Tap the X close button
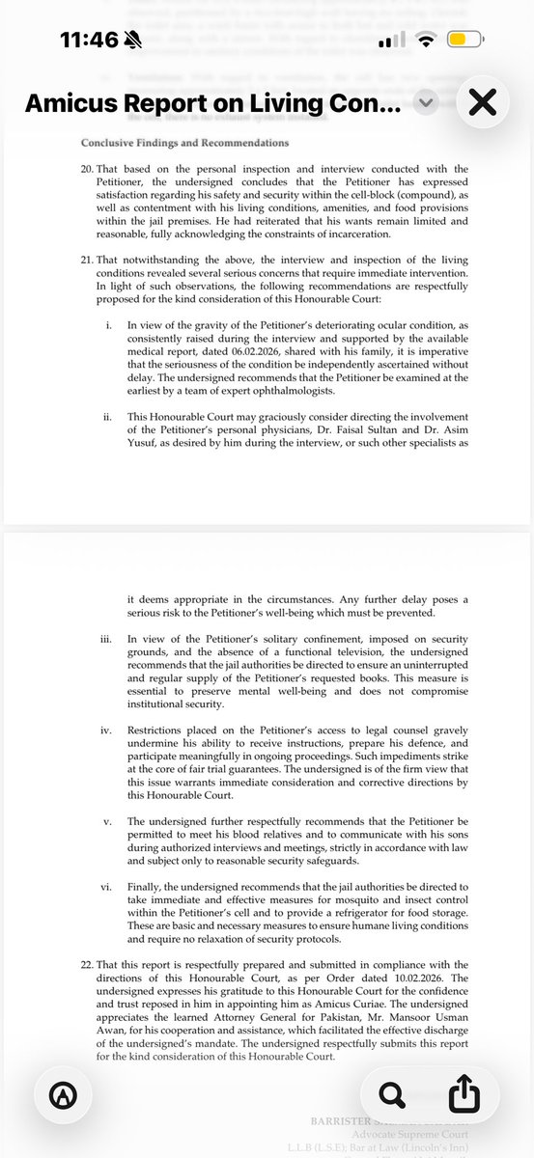[482, 102]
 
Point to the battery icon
[466, 41]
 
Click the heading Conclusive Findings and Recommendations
[184, 143]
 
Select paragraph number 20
[89, 169]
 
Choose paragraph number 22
[89, 964]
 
